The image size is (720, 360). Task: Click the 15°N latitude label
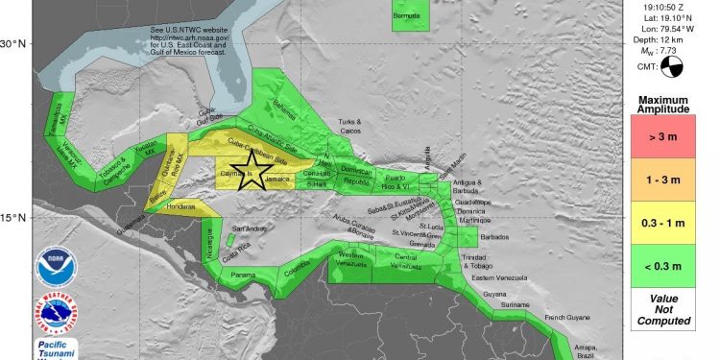(18, 217)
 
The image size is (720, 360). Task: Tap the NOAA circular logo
(53, 268)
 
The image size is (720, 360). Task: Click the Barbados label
(494, 237)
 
